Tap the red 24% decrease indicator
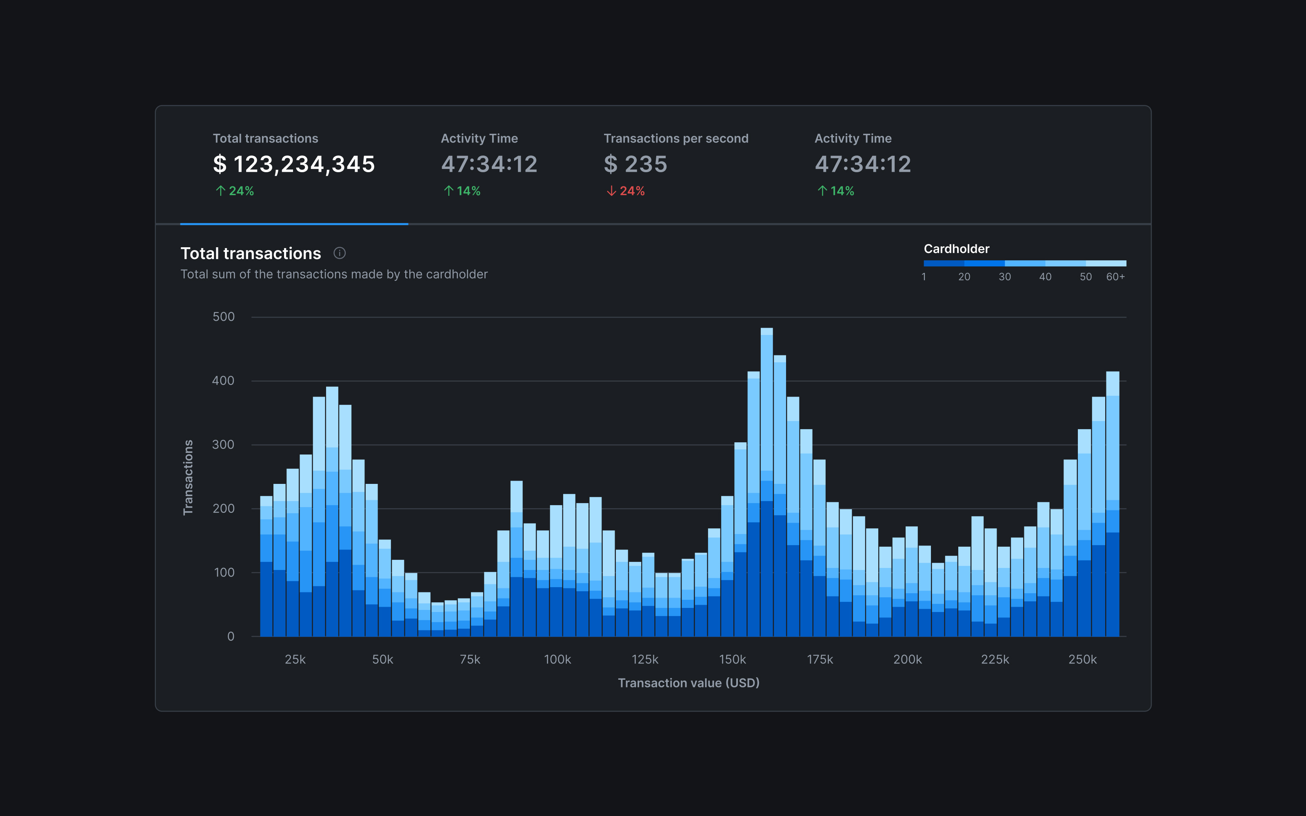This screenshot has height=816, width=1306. pyautogui.click(x=626, y=191)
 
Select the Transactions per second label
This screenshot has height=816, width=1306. pyautogui.click(x=676, y=139)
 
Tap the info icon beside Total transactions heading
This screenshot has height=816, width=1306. pyautogui.click(x=340, y=253)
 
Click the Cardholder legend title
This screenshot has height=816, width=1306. pyautogui.click(x=956, y=249)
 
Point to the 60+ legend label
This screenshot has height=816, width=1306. pyautogui.click(x=1115, y=277)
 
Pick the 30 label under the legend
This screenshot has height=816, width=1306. pyautogui.click(x=1004, y=277)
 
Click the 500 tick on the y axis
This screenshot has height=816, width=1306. pyautogui.click(x=223, y=317)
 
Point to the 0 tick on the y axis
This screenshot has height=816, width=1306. pyautogui.click(x=231, y=636)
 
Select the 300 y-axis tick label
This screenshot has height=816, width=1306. pyautogui.click(x=223, y=445)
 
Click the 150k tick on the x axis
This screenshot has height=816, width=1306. pyautogui.click(x=732, y=659)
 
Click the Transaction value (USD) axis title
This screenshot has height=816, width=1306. pyautogui.click(x=688, y=683)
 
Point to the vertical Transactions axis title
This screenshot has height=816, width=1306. pyautogui.click(x=188, y=478)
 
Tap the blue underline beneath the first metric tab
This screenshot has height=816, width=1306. pyautogui.click(x=294, y=224)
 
